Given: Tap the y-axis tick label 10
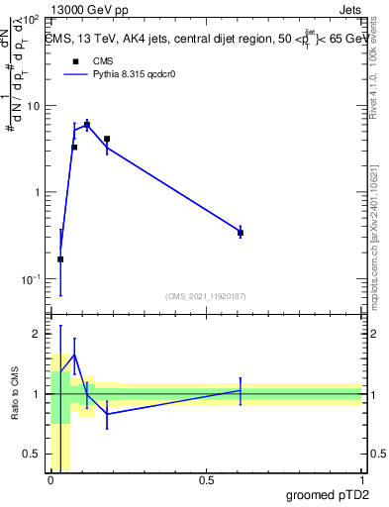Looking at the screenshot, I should (x=34, y=106).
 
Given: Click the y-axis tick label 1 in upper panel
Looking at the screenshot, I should (x=37, y=192).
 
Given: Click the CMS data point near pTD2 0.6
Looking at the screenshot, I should (x=241, y=233).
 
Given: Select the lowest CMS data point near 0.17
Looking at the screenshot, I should (x=60, y=259).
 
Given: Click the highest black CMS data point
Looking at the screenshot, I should (x=87, y=125).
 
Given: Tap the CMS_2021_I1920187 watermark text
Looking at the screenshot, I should (x=204, y=294).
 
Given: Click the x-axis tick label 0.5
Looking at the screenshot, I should (x=206, y=480).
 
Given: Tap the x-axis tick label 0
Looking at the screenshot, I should (x=51, y=480).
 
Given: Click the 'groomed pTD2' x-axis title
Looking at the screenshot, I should (x=327, y=495).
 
